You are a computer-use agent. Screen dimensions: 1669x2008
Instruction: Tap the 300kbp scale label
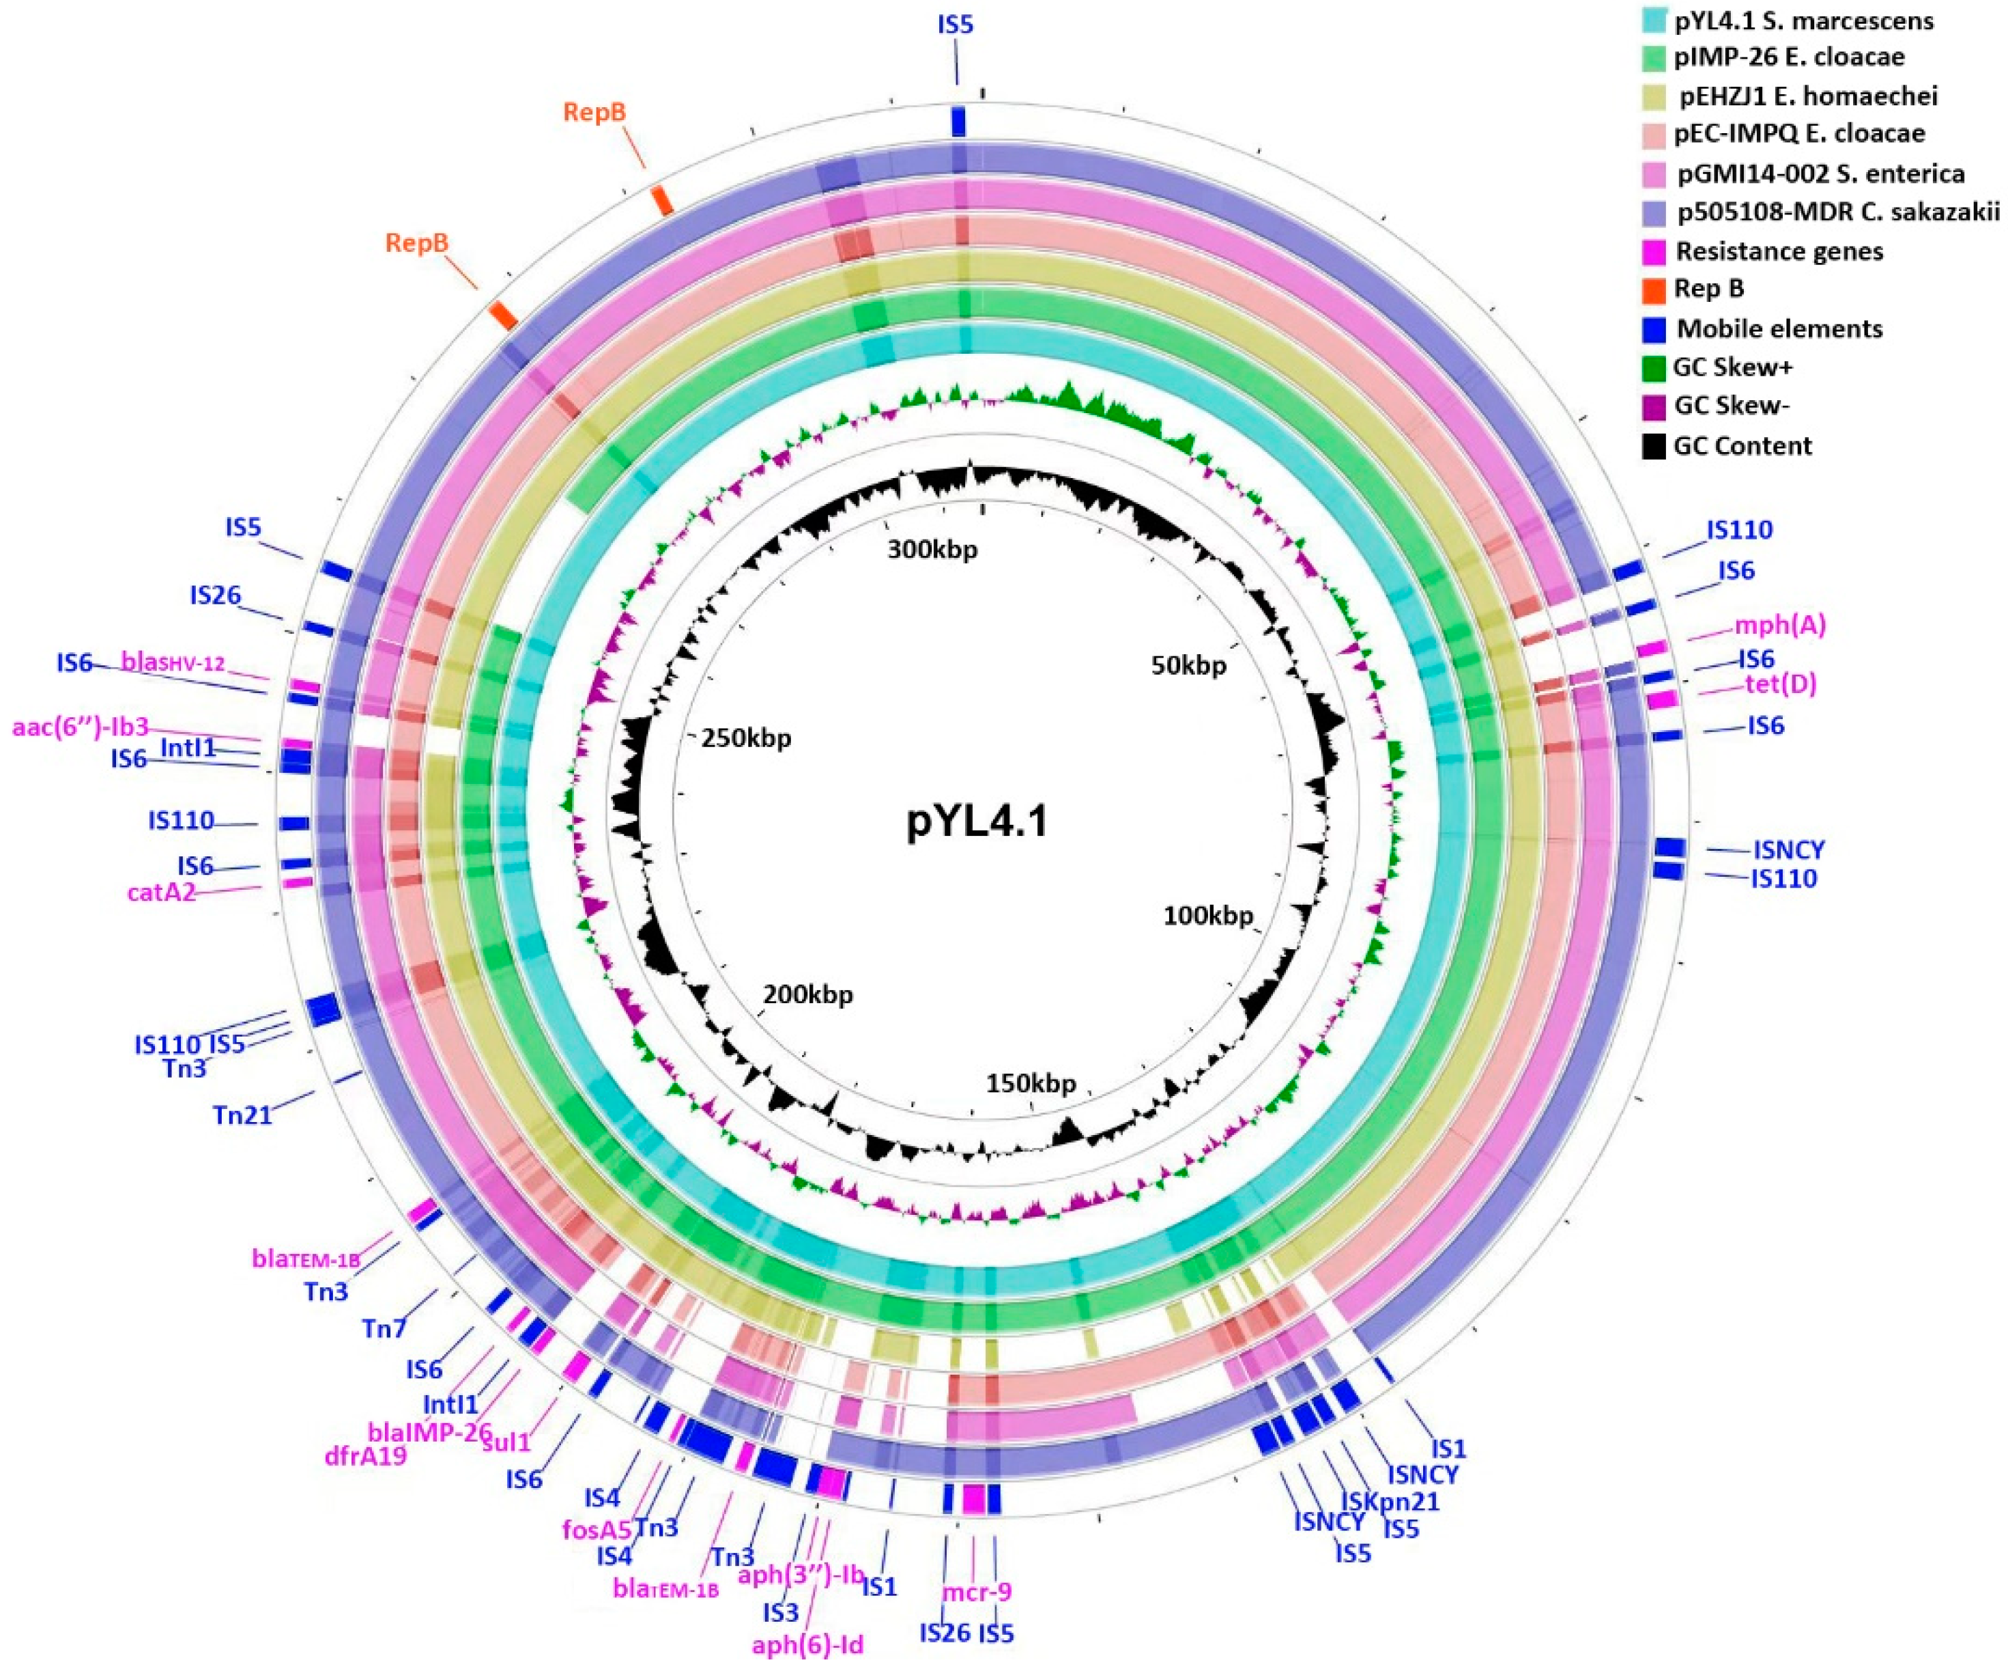(932, 550)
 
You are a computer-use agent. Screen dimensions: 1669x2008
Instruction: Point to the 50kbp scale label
(1188, 666)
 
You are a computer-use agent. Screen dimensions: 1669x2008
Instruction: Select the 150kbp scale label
(1031, 1084)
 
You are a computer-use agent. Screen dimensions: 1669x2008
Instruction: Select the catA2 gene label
(160, 893)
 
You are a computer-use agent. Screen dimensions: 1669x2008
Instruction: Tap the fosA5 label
(597, 1528)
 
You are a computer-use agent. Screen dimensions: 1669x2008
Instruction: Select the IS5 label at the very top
(956, 25)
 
